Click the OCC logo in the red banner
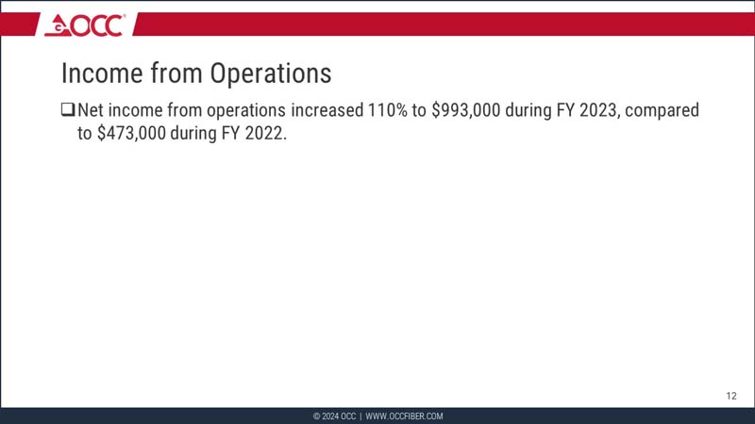[x=84, y=24]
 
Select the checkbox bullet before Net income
[x=67, y=110]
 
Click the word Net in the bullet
[x=92, y=110]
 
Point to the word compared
[x=663, y=110]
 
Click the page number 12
[x=731, y=396]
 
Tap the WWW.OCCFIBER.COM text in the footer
[x=404, y=416]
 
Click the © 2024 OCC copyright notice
[x=334, y=416]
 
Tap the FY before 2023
[x=563, y=110]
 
